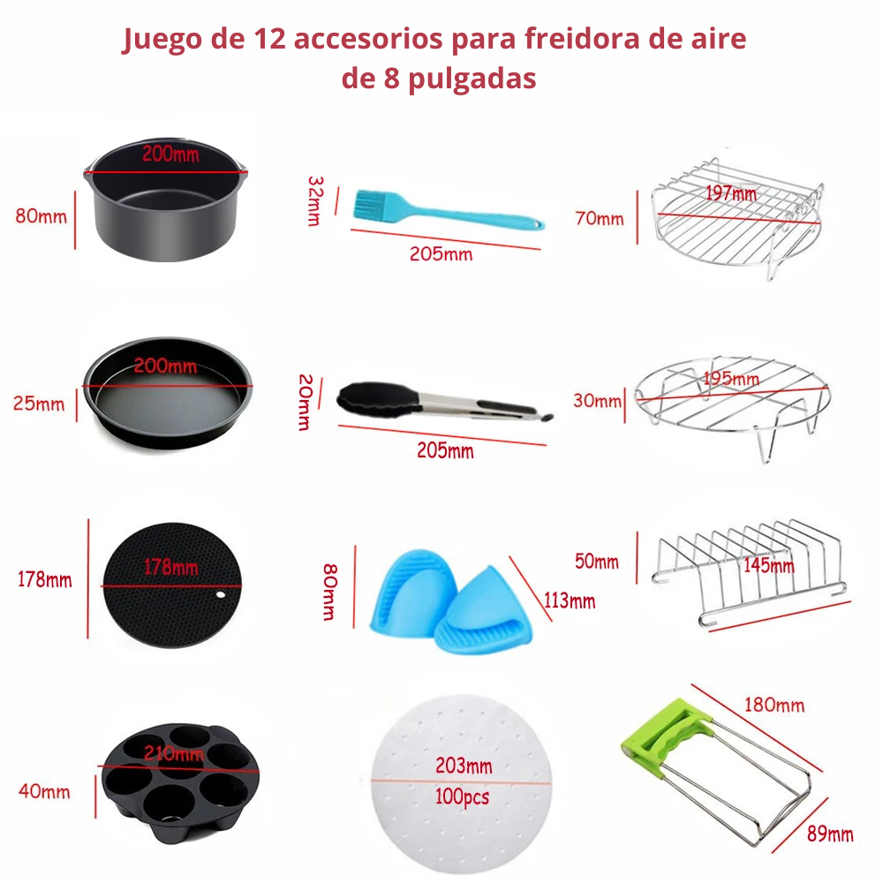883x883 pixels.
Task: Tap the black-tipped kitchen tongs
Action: [441, 402]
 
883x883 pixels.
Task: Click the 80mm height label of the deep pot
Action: [41, 215]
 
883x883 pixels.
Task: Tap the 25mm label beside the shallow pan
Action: [39, 404]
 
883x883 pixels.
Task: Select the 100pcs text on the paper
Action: [462, 796]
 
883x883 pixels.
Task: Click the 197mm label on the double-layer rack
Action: [731, 192]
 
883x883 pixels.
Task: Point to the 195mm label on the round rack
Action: [731, 380]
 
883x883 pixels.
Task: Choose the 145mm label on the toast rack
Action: [768, 565]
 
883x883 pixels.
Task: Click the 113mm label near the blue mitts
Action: [568, 602]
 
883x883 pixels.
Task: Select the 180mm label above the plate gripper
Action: [774, 705]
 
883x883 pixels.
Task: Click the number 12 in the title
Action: [270, 40]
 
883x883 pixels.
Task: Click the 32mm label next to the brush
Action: [315, 201]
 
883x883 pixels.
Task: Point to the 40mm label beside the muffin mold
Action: [43, 791]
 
